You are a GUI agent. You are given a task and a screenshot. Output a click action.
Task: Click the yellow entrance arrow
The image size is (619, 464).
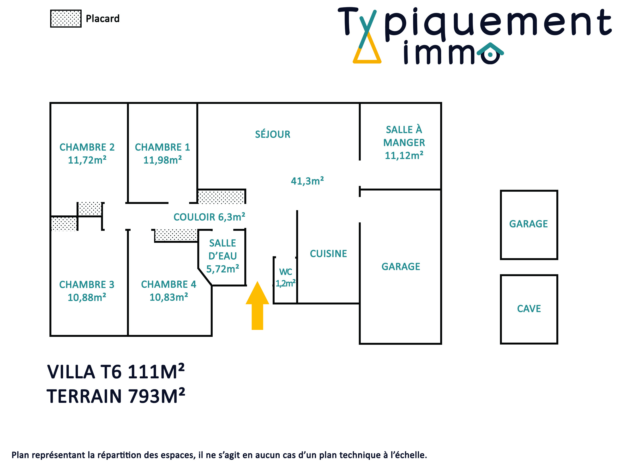point(257,305)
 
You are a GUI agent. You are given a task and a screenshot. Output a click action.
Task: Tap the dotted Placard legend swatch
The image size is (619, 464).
point(66,18)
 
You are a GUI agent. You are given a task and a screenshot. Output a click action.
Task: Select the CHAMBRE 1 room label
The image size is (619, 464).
point(162,147)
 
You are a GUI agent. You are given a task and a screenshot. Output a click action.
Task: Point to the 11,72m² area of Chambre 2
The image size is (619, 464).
point(87,160)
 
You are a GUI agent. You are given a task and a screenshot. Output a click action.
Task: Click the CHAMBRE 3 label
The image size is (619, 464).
point(87,285)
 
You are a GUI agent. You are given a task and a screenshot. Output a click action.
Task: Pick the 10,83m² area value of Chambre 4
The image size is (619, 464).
point(169,297)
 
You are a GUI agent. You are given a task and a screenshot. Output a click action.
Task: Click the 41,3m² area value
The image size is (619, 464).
point(307,181)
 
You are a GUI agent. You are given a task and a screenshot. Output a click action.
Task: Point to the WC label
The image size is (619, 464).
point(285,272)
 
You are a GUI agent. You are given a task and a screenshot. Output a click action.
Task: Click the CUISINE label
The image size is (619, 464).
point(328,254)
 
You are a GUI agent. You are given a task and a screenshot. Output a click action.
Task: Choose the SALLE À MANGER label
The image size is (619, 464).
point(404,136)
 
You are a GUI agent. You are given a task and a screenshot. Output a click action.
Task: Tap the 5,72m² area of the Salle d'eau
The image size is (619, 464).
point(223,269)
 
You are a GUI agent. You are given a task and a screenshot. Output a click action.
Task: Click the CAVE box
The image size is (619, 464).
point(529,309)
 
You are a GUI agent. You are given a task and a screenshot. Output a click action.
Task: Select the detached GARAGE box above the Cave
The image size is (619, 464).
point(529,225)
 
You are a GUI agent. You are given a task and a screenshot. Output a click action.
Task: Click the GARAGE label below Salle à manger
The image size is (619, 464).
point(401,267)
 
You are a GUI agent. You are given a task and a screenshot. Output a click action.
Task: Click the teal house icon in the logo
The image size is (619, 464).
point(490,53)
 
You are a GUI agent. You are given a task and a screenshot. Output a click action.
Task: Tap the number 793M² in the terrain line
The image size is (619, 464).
point(157,396)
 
